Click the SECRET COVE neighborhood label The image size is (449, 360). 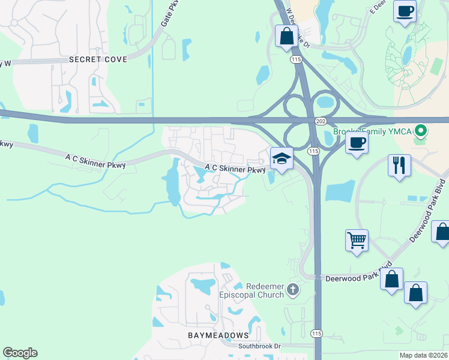[x=98, y=59]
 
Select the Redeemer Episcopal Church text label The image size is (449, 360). [x=258, y=290]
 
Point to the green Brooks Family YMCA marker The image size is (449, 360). [x=421, y=130]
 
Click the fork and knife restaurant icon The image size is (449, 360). [x=399, y=164]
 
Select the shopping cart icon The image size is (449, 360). [x=357, y=240]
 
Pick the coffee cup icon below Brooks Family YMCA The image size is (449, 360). [x=357, y=143]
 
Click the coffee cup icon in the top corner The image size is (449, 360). [x=405, y=11]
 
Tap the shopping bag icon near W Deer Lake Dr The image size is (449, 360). [x=286, y=35]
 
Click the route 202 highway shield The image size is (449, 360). [x=320, y=121]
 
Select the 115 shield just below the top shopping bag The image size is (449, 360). [x=295, y=59]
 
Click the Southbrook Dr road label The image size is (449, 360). [x=259, y=346]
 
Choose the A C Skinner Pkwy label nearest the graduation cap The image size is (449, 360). [x=235, y=169]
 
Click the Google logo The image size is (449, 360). [x=20, y=353]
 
